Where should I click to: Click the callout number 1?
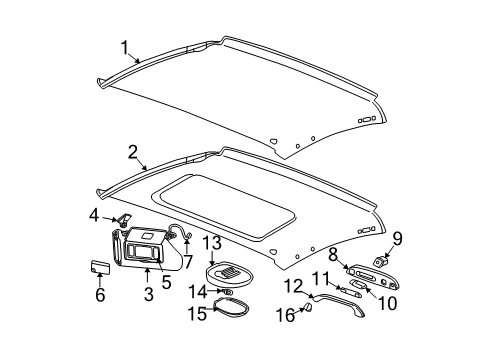(x=125, y=46)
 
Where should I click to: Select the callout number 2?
(x=131, y=153)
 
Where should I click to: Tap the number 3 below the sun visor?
(x=147, y=295)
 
